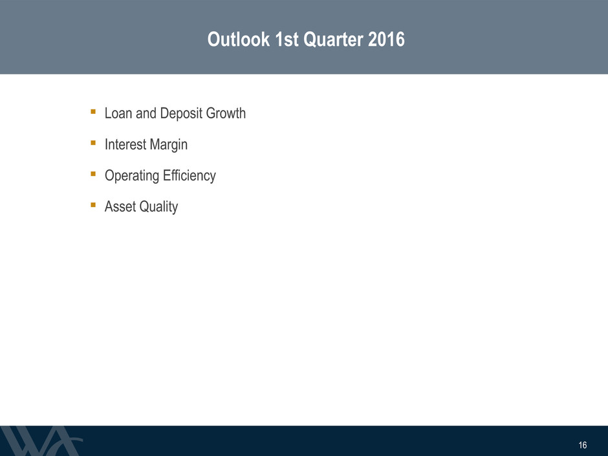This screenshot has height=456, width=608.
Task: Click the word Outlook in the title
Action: tap(239, 39)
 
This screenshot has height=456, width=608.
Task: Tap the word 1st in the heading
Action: tap(287, 39)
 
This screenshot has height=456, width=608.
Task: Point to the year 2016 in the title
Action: tap(386, 39)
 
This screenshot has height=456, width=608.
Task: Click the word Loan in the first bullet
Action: tap(118, 113)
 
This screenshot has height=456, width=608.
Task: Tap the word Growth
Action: tap(226, 113)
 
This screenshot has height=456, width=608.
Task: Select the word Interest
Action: tap(125, 144)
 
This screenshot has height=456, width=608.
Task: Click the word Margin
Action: tap(169, 145)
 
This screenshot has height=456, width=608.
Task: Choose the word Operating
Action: tap(132, 176)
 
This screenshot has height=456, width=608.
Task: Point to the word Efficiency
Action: tap(190, 176)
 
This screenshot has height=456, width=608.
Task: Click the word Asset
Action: tap(120, 207)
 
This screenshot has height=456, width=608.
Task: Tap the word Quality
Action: tap(158, 207)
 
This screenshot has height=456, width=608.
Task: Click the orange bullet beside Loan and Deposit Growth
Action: tap(93, 112)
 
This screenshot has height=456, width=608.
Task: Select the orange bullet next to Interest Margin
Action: tap(93, 143)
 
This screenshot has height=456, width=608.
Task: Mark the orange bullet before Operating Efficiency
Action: tap(93, 174)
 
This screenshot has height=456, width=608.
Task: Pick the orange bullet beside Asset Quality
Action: tap(93, 205)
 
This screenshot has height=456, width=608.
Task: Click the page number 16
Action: tap(582, 445)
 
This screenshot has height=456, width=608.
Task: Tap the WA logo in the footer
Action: tap(41, 441)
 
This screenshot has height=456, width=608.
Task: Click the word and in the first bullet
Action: tap(146, 113)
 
